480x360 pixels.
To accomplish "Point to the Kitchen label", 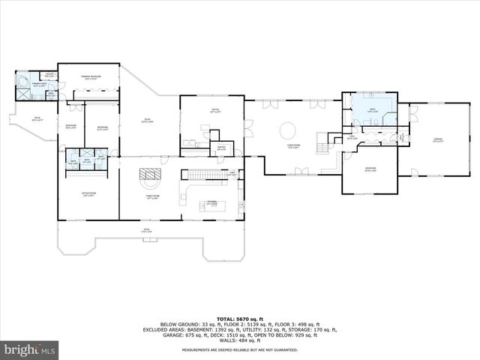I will click(x=212, y=203).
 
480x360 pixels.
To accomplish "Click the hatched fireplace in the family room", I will click(x=151, y=178).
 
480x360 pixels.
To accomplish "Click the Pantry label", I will click(x=220, y=148).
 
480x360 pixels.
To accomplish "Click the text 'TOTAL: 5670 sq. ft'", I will click(x=239, y=318).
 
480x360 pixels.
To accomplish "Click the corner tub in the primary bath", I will click(x=23, y=80).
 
